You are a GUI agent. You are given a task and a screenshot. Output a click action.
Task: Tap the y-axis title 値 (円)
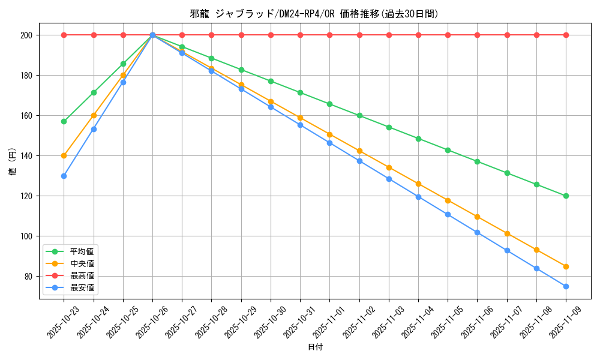(13, 161)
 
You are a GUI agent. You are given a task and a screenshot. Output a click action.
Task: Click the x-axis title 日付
(315, 347)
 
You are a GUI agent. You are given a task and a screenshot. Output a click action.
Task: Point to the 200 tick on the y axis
(26, 35)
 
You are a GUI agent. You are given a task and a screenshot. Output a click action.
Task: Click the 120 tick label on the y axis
(26, 196)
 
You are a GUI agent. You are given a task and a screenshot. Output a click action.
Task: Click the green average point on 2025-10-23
(64, 121)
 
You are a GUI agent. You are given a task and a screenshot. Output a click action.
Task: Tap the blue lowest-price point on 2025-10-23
(64, 176)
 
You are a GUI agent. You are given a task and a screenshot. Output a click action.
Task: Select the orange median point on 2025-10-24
(94, 115)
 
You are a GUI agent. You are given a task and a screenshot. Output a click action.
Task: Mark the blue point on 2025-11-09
(566, 286)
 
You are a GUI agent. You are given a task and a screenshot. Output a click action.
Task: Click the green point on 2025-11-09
(566, 196)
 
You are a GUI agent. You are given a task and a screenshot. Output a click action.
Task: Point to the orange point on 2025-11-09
(566, 266)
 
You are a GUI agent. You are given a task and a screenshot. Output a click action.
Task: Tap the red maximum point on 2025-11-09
(566, 35)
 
